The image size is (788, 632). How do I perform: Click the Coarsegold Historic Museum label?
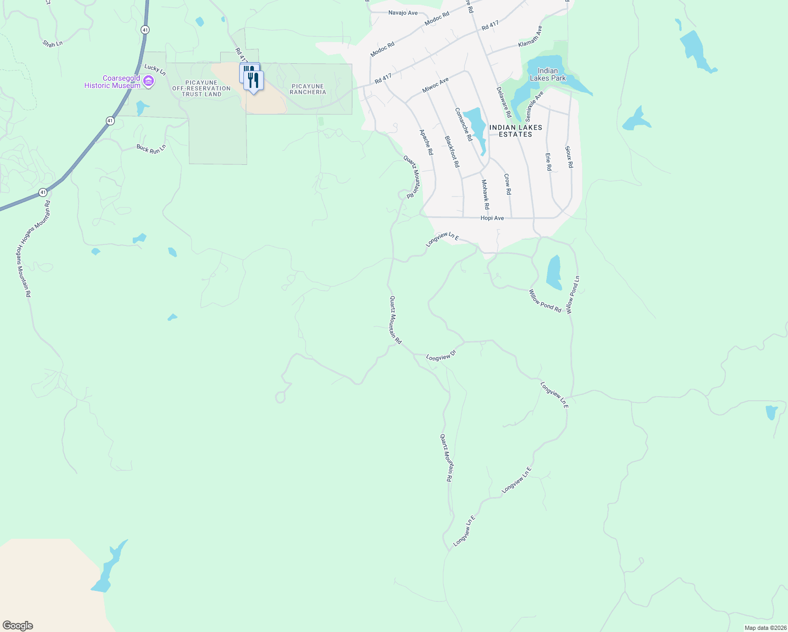pyautogui.click(x=113, y=82)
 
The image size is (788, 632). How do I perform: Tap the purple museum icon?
pyautogui.click(x=149, y=81)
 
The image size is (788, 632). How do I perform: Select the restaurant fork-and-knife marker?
pyautogui.click(x=253, y=81)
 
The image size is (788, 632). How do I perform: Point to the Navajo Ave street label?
pyautogui.click(x=403, y=13)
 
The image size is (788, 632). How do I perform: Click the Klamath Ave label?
pyautogui.click(x=530, y=36)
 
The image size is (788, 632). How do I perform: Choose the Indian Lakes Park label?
pyautogui.click(x=548, y=74)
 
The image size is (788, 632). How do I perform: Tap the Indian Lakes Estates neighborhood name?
pyautogui.click(x=516, y=131)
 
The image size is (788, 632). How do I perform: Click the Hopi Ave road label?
pyautogui.click(x=492, y=218)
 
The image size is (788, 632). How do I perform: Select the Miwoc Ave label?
pyautogui.click(x=436, y=85)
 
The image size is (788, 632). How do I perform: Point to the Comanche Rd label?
pyautogui.click(x=464, y=124)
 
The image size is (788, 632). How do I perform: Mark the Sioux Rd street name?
pyautogui.click(x=568, y=157)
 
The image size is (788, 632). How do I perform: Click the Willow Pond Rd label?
pyautogui.click(x=545, y=301)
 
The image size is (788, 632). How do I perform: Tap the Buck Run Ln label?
pyautogui.click(x=151, y=149)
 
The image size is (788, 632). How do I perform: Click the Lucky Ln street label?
pyautogui.click(x=155, y=70)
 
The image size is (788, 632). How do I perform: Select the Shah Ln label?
pyautogui.click(x=53, y=43)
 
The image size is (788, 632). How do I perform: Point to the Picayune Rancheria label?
pyautogui.click(x=308, y=89)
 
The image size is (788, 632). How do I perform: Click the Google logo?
pyautogui.click(x=18, y=626)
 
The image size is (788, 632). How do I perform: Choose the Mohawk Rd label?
pyautogui.click(x=485, y=194)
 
